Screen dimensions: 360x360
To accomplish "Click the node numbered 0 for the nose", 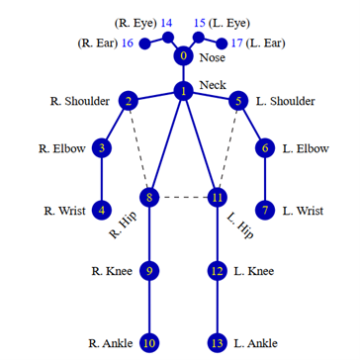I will [x=183, y=56].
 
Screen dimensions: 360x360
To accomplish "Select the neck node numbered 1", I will [x=183, y=91].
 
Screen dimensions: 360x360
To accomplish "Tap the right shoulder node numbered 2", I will [x=128, y=101].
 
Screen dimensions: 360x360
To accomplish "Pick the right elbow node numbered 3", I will [x=102, y=148].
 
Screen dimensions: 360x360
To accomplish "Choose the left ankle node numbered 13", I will [x=217, y=343].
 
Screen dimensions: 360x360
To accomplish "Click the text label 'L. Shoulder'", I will [x=286, y=101].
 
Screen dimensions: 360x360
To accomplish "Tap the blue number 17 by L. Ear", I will [x=236, y=43].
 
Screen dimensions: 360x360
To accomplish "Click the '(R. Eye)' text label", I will [x=134, y=22].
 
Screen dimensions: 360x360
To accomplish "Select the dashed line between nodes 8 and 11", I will [x=183, y=198].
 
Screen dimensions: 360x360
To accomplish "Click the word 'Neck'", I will [x=213, y=85].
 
